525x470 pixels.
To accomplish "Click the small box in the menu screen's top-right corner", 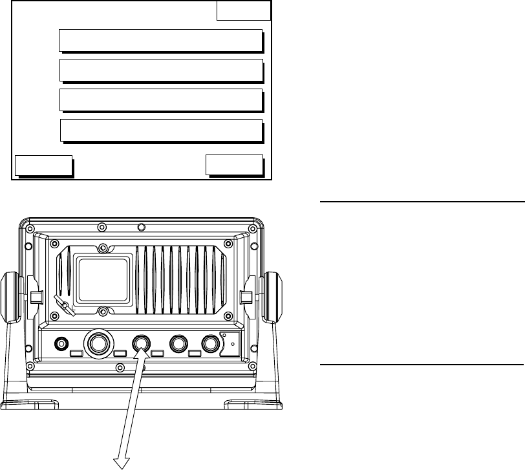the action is tap(244, 11).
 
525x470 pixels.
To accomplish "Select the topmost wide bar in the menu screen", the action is tap(161, 39).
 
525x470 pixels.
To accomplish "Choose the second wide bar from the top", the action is tap(161, 70).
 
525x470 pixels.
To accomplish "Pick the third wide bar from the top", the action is tap(161, 100).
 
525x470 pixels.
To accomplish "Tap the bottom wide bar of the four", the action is tap(161, 130).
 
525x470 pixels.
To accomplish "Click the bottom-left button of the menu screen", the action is tap(43, 166).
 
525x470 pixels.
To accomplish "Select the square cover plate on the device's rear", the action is tap(103, 279).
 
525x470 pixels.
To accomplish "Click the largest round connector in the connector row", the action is tap(97, 343).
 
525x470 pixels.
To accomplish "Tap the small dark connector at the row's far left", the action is tap(62, 343).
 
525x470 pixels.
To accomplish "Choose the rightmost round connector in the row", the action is tap(211, 343).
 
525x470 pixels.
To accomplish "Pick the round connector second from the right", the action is tap(178, 343).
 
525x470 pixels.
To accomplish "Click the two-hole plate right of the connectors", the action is tap(230, 343).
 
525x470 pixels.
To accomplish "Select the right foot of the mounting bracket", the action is tap(253, 405).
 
